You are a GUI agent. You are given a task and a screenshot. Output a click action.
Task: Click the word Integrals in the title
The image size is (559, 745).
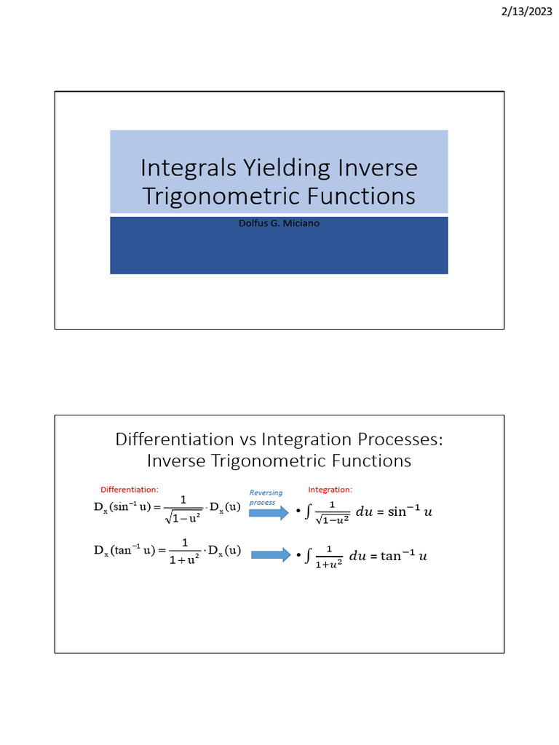pos(186,168)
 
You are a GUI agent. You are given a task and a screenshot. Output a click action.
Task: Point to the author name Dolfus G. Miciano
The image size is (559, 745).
pos(279,223)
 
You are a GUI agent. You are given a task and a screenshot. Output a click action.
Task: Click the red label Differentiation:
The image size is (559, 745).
pos(129,490)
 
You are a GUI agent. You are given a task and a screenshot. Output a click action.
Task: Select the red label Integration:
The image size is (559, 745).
pos(330,490)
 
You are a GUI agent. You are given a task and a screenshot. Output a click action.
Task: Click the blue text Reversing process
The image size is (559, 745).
pos(265,498)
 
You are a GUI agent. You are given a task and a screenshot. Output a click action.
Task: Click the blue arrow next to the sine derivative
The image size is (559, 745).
pos(269,513)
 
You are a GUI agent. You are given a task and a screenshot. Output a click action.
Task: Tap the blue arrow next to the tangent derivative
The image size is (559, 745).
pos(271,555)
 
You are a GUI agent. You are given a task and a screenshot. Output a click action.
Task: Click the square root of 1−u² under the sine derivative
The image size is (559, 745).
pos(183,518)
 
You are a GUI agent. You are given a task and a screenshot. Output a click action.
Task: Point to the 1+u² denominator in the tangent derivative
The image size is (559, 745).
pos(184,562)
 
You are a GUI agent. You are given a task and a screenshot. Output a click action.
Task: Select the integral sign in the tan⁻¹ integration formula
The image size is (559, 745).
pos(309,556)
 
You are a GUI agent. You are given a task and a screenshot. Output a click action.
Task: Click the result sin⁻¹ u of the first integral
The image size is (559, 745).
pos(410,511)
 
